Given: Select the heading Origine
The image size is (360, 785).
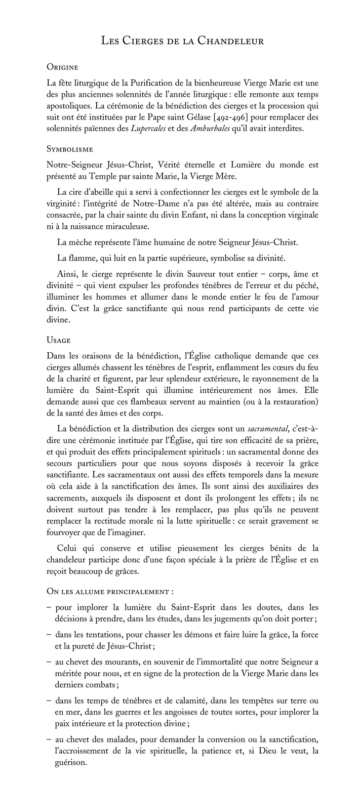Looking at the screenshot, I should (x=62, y=67).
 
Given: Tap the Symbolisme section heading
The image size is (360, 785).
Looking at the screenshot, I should (x=69, y=149).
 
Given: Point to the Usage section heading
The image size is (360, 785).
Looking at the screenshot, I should (x=58, y=340).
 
